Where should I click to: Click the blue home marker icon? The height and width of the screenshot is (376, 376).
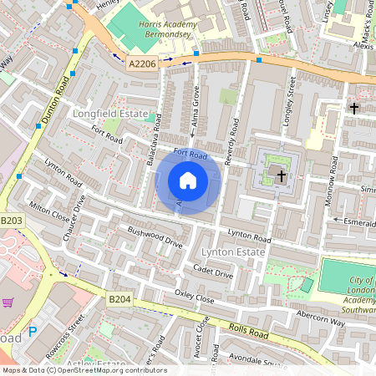[188, 180]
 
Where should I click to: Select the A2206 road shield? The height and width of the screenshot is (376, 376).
[142, 63]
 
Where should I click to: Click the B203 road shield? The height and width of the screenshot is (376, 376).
[11, 220]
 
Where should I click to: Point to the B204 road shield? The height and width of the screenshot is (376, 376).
[120, 298]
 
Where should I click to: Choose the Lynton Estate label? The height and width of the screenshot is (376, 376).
[231, 252]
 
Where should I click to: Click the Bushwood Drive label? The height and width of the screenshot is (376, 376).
[155, 236]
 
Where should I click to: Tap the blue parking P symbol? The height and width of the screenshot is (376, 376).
[33, 332]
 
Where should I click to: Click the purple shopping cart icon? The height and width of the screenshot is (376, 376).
[8, 302]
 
